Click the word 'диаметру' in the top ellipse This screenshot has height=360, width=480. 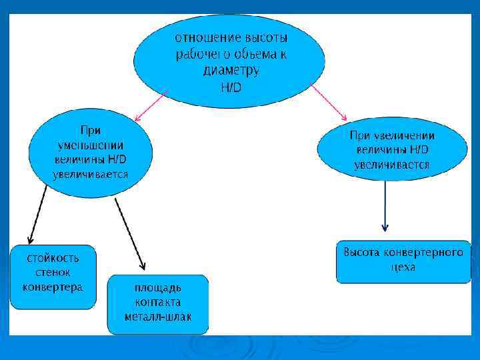point(231,70)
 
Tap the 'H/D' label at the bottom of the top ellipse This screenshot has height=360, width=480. point(231,87)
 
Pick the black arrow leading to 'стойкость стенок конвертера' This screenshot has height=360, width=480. point(37,215)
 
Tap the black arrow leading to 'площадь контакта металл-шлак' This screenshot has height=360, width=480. point(130,233)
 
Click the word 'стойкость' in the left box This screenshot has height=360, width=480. point(53,257)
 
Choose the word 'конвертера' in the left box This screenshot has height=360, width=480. point(53,287)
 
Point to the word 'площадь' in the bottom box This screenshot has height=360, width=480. point(157,288)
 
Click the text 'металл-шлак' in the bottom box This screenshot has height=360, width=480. point(157,316)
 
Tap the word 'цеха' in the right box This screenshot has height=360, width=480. point(403,267)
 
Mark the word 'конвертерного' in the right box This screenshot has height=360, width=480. point(426,253)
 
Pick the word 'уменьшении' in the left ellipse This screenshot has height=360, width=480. point(90,145)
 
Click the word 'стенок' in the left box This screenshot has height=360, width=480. point(53,273)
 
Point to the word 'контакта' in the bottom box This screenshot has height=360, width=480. point(157,302)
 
